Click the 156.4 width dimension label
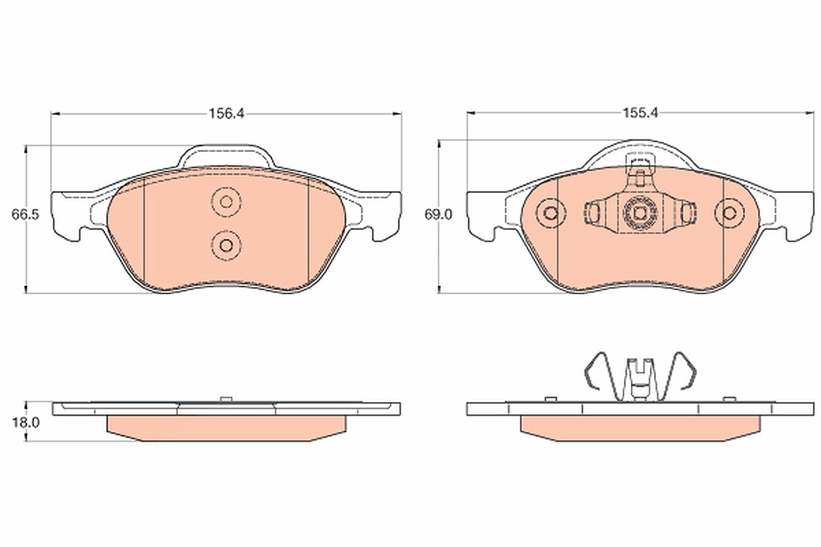pyautogui.click(x=226, y=114)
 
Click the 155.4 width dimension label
pyautogui.click(x=640, y=113)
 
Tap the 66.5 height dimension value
pyautogui.click(x=25, y=214)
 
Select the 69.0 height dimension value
pyautogui.click(x=439, y=214)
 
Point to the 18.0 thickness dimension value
pyautogui.click(x=26, y=423)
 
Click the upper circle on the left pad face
pyautogui.click(x=226, y=202)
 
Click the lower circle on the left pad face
pyautogui.click(x=226, y=245)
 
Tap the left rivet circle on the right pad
pyautogui.click(x=551, y=213)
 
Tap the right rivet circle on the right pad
pyautogui.click(x=730, y=213)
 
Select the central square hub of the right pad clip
pyautogui.click(x=640, y=213)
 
